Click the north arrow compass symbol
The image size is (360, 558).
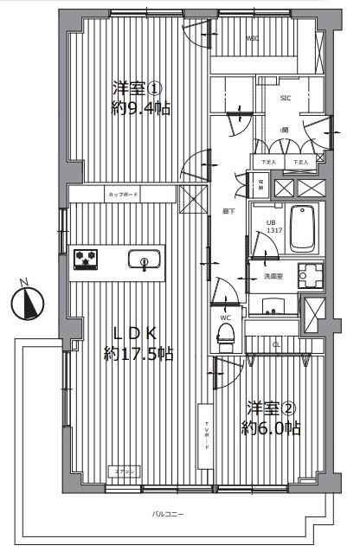tap(29, 302)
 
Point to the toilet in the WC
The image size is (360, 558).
tap(225, 337)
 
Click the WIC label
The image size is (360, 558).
tap(252, 39)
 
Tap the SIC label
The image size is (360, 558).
tap(284, 98)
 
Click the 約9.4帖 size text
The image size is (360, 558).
tap(138, 109)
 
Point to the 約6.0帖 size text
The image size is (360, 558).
tap(272, 427)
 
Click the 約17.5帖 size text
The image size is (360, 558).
tap(138, 353)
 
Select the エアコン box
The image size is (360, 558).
tap(124, 471)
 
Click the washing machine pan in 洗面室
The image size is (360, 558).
tap(309, 275)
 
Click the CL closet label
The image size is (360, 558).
tap(277, 344)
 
